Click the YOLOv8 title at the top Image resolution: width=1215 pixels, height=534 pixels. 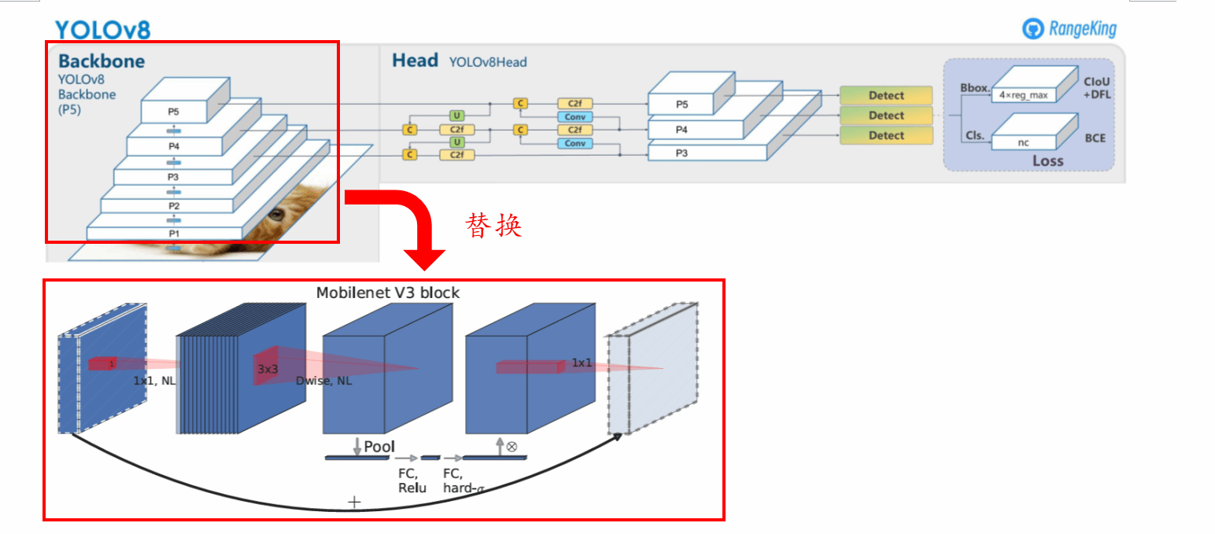[102, 30]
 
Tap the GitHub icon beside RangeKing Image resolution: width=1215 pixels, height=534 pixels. [1032, 30]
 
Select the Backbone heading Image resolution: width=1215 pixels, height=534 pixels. [102, 61]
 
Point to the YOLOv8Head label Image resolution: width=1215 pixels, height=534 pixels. [488, 62]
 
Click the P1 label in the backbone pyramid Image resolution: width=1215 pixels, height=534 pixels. [174, 234]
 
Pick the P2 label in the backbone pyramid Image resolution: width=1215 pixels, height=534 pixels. [174, 206]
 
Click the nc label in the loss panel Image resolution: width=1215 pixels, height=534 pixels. [1023, 143]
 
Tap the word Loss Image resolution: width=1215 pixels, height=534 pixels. [1047, 161]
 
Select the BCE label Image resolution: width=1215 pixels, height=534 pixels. [1095, 137]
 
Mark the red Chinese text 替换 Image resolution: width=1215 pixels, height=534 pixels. [494, 226]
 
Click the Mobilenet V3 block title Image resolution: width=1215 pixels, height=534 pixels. [388, 293]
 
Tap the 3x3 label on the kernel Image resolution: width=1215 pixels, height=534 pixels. [268, 368]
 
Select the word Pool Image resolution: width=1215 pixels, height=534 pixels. [379, 447]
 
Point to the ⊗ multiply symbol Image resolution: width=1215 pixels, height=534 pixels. [511, 446]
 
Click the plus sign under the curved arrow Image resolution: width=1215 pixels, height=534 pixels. [354, 502]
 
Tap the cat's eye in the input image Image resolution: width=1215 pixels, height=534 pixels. [275, 214]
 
